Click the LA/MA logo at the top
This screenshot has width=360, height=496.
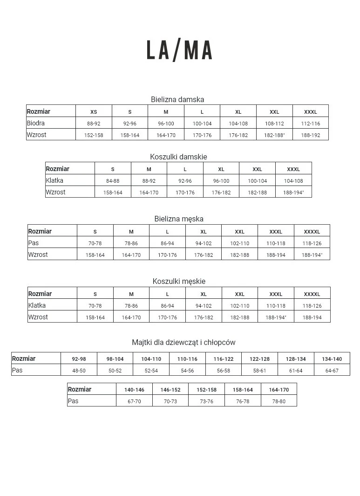coord(179,50)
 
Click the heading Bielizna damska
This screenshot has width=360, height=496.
coord(177,99)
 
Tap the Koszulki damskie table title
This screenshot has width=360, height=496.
coord(178,157)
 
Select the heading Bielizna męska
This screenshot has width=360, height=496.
coord(179,219)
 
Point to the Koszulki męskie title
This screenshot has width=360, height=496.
coord(179,281)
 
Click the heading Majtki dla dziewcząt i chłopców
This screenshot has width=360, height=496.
coord(183,342)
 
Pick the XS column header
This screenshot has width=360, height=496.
coord(94,112)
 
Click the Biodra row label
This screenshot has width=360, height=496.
coord(36,123)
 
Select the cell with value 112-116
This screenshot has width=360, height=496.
coord(311,124)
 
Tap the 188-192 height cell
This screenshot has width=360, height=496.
coord(311,135)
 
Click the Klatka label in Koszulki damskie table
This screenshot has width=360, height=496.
coord(54,180)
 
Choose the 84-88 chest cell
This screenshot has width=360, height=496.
coord(113,181)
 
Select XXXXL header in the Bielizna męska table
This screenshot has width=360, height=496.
coord(312,232)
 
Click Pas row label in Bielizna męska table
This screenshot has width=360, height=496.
coord(34,243)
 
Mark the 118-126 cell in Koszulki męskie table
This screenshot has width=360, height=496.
coord(312,306)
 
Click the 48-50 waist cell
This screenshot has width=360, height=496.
coord(79,371)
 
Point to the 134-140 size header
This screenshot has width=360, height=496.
coord(332,359)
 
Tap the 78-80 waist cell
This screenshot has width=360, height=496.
coord(279,401)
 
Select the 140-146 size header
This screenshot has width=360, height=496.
coord(134,390)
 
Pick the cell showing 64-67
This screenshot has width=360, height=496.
coord(332,371)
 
